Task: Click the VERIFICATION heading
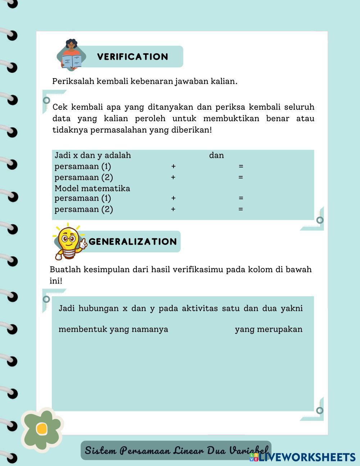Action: coord(132,57)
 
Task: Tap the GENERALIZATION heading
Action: coord(133,242)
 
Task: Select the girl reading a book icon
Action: coord(72,54)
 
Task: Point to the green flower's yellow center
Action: coord(42,429)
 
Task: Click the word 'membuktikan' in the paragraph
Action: coord(231,118)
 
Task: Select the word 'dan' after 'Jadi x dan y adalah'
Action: coord(216,156)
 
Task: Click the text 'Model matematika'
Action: coord(92,188)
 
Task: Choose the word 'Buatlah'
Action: coord(65,269)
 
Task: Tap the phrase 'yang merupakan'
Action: coord(269,329)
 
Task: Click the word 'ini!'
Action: coord(56,281)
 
